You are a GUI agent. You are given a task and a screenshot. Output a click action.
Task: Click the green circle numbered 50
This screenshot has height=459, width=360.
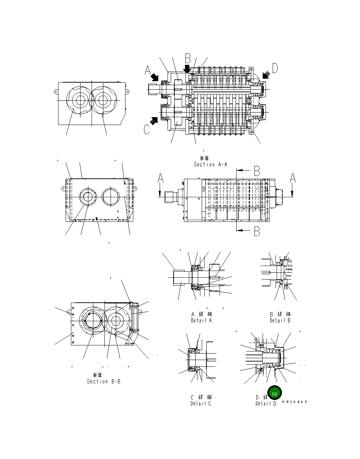click(x=274, y=393)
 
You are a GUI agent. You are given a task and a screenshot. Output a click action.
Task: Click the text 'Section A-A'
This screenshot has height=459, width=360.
click(x=210, y=165)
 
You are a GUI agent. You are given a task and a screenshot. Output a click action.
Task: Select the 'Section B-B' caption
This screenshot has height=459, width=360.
click(x=104, y=381)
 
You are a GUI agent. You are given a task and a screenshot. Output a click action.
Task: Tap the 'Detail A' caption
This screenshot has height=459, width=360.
click(x=201, y=320)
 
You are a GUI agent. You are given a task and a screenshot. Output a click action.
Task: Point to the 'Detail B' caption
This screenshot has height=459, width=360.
click(x=280, y=320)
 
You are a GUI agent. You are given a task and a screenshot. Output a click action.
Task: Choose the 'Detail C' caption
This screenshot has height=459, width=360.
click(x=201, y=403)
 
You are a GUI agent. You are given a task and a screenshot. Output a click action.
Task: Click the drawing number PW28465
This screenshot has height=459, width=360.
click(x=294, y=402)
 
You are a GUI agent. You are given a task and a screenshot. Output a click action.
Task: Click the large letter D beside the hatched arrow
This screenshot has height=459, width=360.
click(x=275, y=68)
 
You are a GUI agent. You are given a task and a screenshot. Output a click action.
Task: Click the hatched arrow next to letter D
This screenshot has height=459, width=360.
click(x=266, y=75)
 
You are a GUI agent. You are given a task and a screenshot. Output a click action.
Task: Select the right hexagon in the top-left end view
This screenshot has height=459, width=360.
click(x=103, y=100)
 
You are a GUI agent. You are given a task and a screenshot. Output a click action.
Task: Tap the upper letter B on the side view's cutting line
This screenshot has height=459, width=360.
click(x=257, y=171)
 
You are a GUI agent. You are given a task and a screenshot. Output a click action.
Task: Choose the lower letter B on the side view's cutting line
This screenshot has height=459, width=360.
click(x=257, y=231)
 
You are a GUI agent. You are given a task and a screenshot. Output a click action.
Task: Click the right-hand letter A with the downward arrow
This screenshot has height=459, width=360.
click(x=292, y=178)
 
